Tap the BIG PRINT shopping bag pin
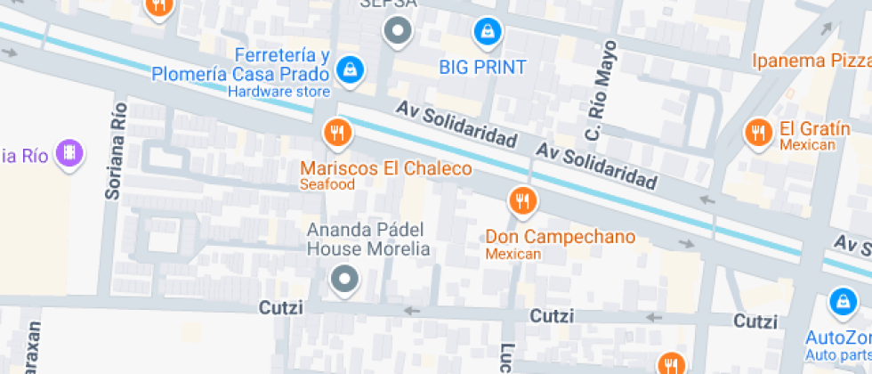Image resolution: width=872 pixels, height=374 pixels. (487, 33)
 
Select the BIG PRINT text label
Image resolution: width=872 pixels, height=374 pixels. (483, 67)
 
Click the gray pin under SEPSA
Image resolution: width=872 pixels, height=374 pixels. (398, 32)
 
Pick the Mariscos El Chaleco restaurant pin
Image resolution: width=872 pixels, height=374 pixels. (337, 134)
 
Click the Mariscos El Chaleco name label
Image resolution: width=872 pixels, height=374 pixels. (386, 168)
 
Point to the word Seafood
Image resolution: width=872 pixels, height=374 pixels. (327, 185)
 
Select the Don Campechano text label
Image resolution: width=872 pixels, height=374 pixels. (560, 237)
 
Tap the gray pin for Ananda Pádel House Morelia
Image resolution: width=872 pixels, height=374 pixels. (343, 280)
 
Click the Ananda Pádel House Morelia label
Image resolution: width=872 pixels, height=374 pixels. (368, 240)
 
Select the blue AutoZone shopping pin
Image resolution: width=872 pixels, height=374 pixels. (842, 304)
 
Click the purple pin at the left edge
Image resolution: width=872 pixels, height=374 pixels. (69, 154)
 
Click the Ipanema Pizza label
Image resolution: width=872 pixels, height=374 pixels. (811, 61)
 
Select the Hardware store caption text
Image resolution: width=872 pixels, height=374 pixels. (279, 92)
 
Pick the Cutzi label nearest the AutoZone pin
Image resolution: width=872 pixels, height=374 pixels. (755, 321)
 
